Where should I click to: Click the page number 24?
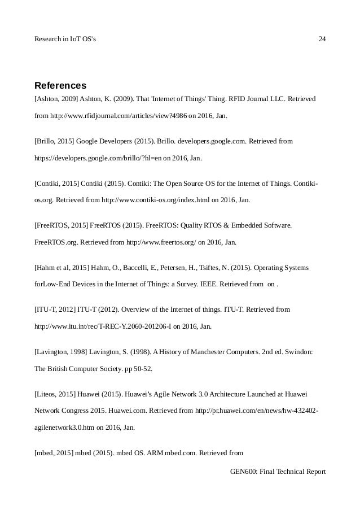click(322, 39)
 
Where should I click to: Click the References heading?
click(60, 86)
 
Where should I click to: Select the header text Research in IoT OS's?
click(65, 39)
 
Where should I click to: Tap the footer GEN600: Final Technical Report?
click(279, 472)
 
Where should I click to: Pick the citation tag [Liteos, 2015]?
click(54, 394)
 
